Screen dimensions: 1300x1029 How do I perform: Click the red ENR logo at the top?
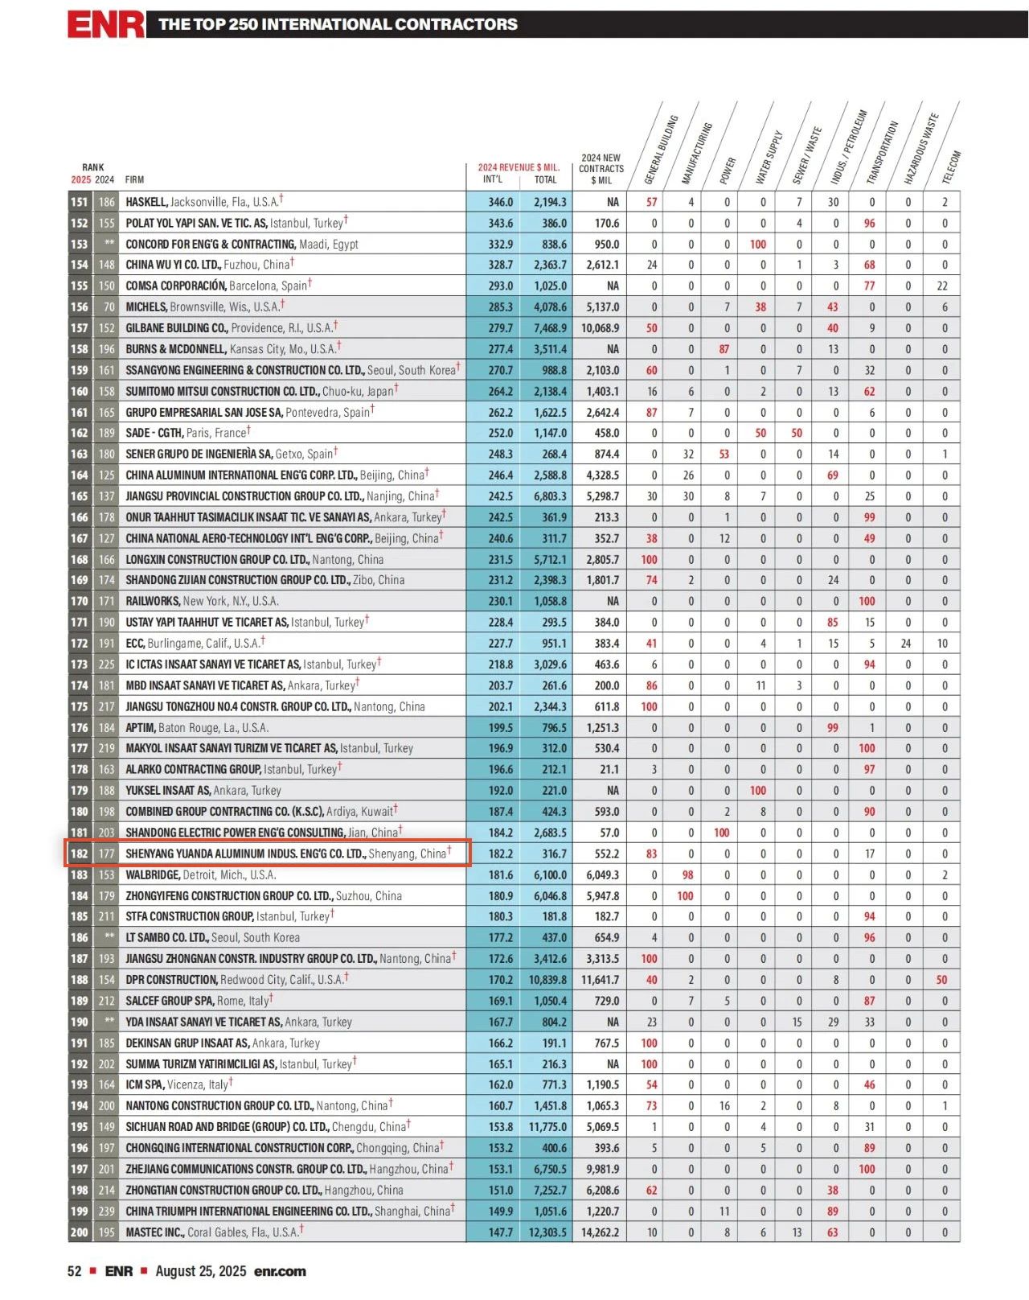105,24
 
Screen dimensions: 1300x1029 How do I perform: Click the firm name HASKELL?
146,202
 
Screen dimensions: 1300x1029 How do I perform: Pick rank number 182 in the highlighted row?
79,854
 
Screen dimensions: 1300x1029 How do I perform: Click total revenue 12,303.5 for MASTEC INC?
547,1232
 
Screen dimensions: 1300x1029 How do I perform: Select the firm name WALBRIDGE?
153,874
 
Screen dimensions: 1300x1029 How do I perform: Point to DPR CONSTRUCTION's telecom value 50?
941,980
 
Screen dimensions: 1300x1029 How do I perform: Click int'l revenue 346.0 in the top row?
500,202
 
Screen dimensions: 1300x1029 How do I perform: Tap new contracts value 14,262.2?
601,1232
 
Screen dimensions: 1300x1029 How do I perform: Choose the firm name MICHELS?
146,306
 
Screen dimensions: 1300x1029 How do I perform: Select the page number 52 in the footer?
75,1272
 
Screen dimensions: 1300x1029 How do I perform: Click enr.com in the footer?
280,1272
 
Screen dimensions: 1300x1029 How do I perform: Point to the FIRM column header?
134,180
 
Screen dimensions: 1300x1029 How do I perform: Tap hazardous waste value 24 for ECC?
906,644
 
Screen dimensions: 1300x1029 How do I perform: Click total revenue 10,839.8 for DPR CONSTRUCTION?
547,980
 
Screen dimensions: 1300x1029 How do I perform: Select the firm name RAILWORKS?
153,601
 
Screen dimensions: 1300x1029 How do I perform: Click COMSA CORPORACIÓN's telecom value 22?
942,286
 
